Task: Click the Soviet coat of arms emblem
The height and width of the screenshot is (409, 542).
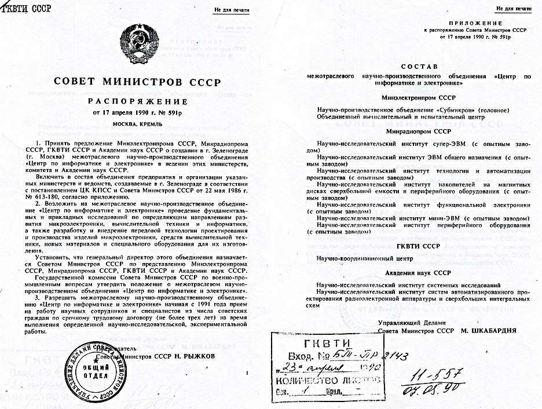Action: (142, 43)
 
